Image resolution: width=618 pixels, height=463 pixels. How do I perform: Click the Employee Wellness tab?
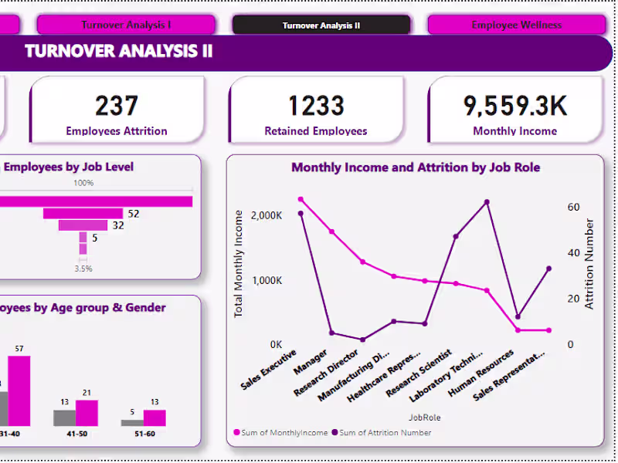click(516, 25)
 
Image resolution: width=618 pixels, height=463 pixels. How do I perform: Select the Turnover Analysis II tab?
click(321, 25)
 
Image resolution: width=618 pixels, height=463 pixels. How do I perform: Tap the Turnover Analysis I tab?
click(126, 25)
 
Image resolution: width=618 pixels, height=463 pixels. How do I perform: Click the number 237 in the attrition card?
click(117, 105)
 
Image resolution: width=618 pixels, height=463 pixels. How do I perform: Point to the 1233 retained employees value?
click(315, 105)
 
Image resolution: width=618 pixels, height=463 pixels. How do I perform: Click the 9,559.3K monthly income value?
click(514, 105)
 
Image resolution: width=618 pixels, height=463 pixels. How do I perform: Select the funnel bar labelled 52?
click(83, 213)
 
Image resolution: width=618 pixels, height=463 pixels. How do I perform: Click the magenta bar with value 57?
click(19, 390)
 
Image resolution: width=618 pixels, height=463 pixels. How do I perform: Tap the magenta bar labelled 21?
click(87, 413)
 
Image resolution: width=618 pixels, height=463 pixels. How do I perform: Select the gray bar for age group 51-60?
click(132, 422)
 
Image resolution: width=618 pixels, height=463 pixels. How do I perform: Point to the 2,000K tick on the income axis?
click(267, 215)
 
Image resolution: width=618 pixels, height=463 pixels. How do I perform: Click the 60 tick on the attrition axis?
click(572, 207)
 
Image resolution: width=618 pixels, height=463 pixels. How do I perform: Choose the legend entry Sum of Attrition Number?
click(381, 433)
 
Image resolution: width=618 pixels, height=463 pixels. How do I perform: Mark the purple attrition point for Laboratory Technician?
click(487, 202)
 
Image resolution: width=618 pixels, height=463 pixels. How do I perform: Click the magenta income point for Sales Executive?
click(301, 199)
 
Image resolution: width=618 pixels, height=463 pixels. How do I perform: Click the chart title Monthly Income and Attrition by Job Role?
click(415, 167)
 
